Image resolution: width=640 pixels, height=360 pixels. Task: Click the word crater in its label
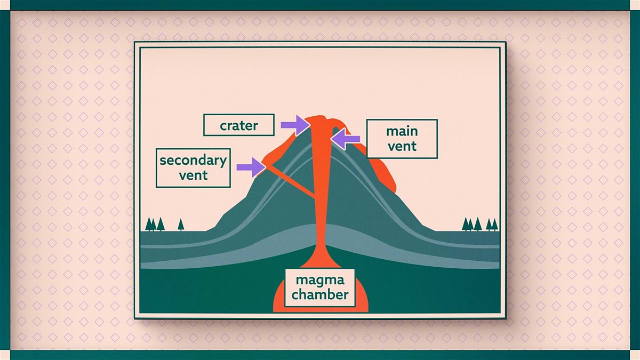click(238, 126)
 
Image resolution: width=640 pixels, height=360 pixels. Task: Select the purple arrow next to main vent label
click(345, 139)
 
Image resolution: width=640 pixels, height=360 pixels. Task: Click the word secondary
click(193, 161)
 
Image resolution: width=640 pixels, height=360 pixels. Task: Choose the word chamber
click(320, 294)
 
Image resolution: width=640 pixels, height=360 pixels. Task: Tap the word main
click(402, 131)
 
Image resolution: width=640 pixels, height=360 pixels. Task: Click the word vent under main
click(402, 146)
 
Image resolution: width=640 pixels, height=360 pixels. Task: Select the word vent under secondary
click(193, 174)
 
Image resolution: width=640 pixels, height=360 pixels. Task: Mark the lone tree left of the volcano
click(181, 224)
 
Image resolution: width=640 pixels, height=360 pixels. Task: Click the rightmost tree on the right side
click(494, 224)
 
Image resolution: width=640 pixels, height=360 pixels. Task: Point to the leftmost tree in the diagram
click(149, 224)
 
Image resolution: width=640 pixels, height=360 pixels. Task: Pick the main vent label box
click(402, 139)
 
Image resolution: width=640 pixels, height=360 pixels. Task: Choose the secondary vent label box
click(193, 167)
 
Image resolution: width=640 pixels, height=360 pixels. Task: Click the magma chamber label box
click(320, 287)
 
